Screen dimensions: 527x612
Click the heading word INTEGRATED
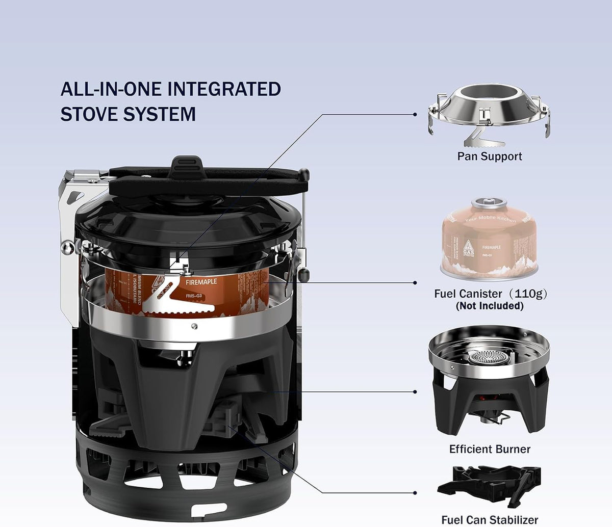point(224,89)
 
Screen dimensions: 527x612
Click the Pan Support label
point(490,156)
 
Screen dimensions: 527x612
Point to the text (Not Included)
point(490,306)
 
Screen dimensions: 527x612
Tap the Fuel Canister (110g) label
point(490,294)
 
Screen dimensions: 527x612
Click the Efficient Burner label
point(490,449)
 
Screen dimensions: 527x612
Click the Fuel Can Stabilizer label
point(490,520)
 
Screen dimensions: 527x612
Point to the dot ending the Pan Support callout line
point(415,115)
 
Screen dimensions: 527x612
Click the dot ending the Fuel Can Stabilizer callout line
point(415,493)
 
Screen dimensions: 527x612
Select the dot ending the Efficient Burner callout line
point(415,392)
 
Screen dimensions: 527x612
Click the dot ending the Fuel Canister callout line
point(415,282)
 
